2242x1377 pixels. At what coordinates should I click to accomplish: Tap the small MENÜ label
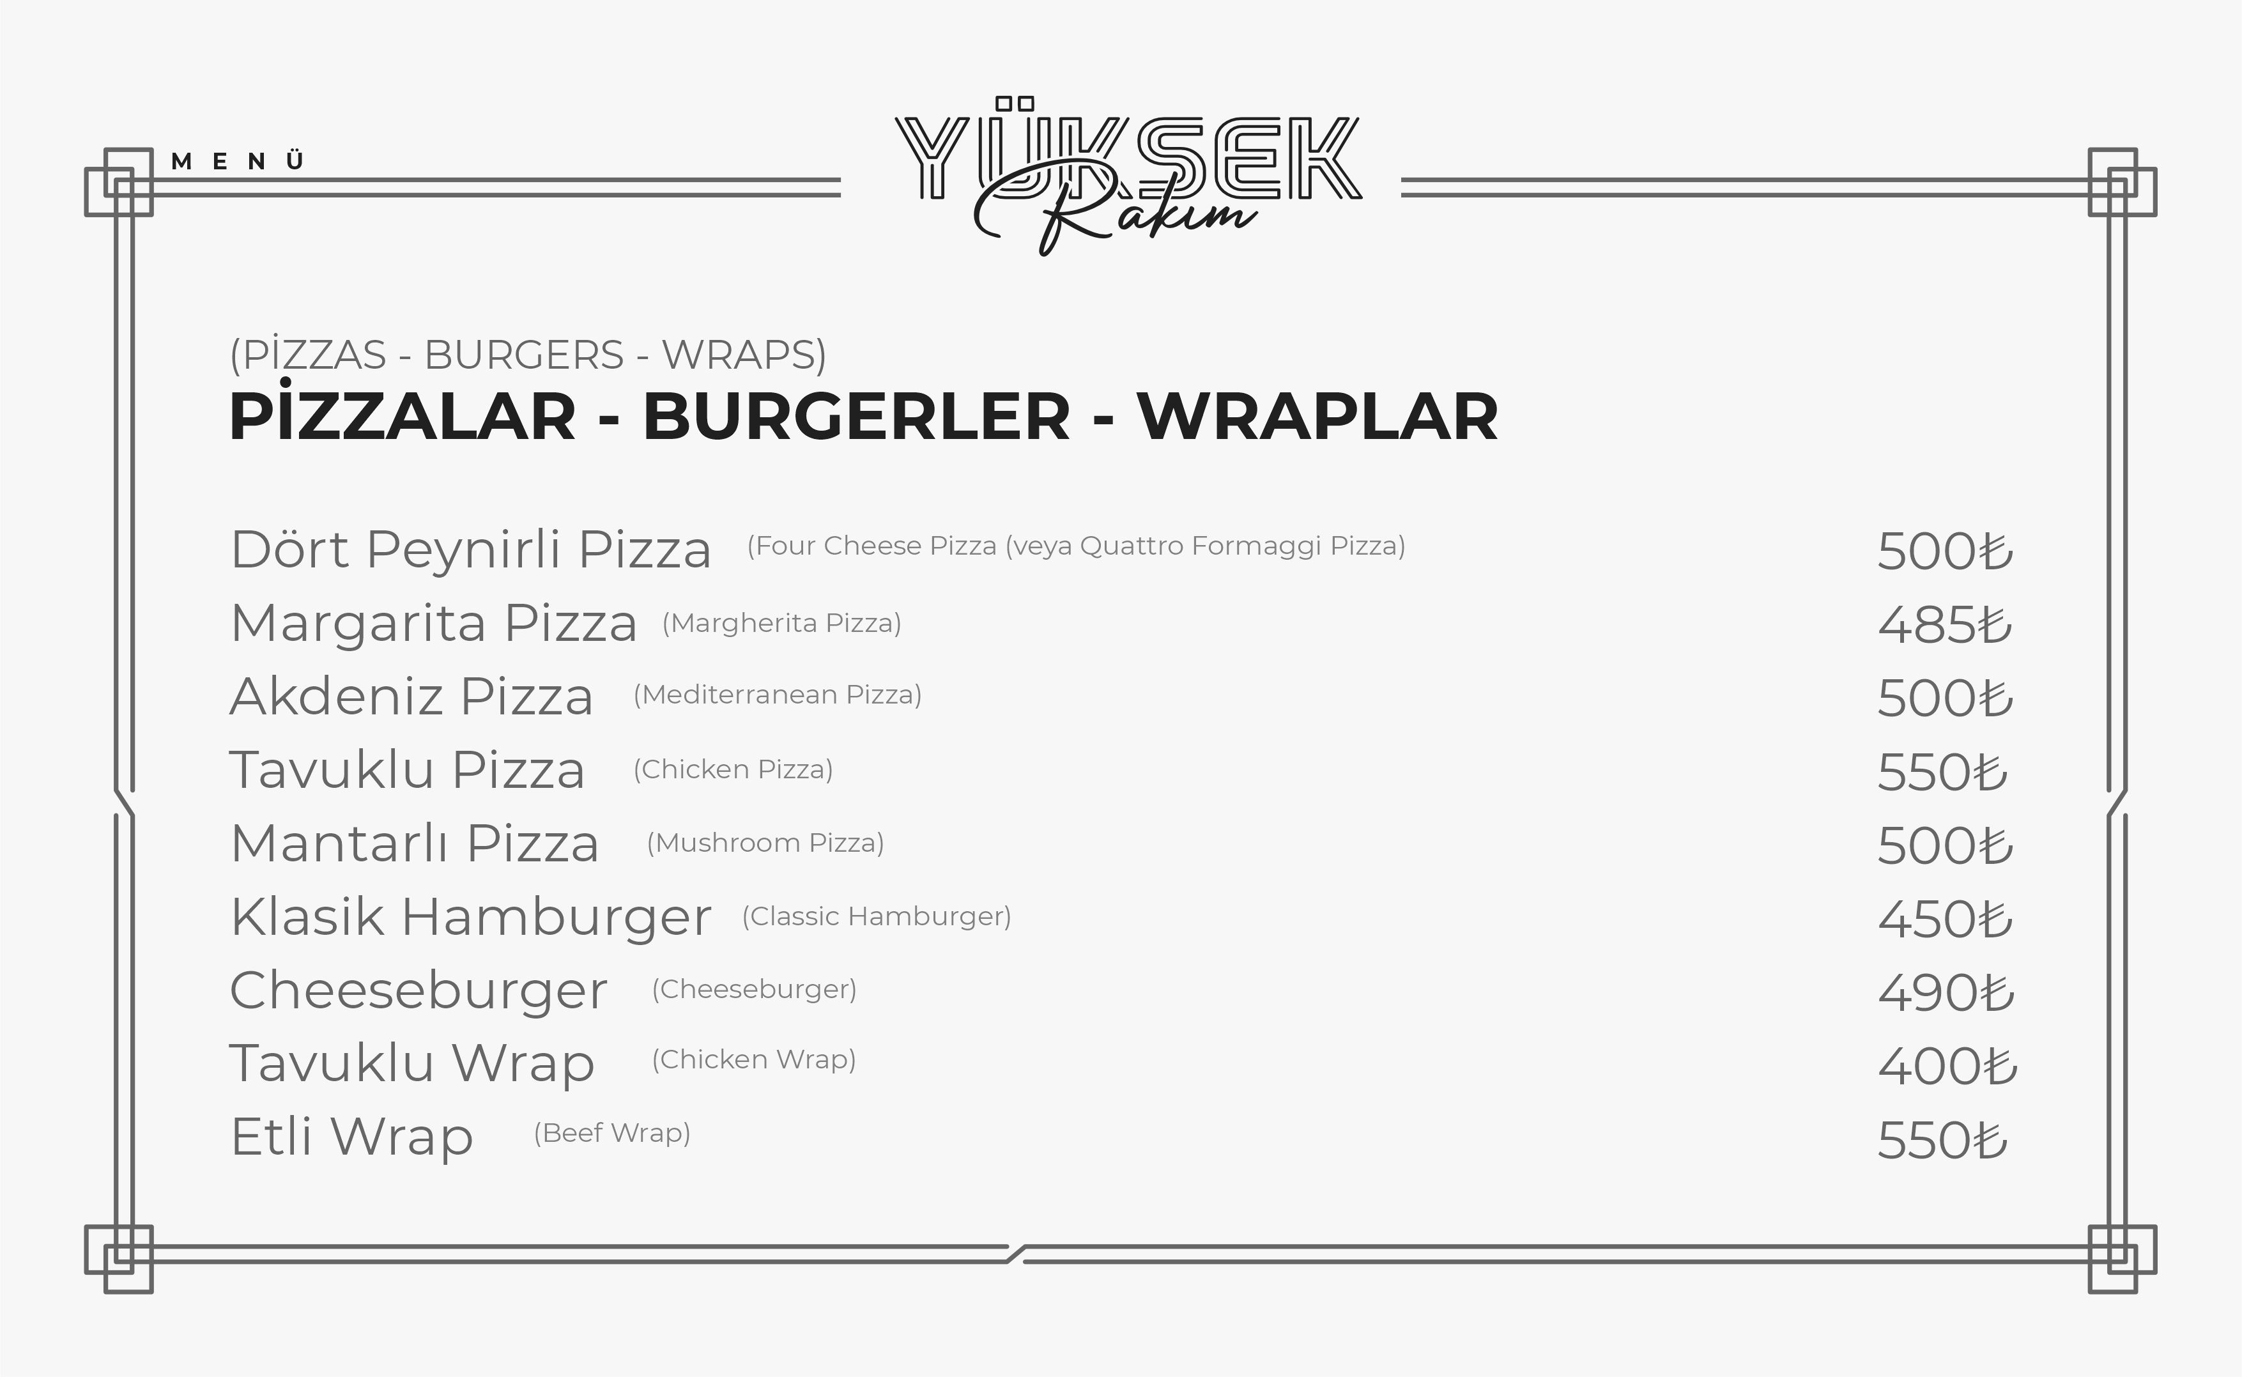pyautogui.click(x=237, y=161)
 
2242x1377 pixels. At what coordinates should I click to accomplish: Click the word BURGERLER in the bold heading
pyautogui.click(x=856, y=417)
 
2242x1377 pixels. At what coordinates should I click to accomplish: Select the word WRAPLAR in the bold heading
pyautogui.click(x=1317, y=417)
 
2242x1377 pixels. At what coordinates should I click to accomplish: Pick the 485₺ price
pyautogui.click(x=1945, y=625)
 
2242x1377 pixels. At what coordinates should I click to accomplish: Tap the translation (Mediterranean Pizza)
pyautogui.click(x=778, y=695)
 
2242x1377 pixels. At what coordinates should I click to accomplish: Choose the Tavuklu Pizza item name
pyautogui.click(x=407, y=769)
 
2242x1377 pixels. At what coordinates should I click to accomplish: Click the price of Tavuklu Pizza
pyautogui.click(x=1942, y=773)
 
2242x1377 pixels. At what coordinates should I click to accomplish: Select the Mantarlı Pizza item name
pyautogui.click(x=414, y=843)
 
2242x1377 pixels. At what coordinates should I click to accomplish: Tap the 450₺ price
pyautogui.click(x=1945, y=919)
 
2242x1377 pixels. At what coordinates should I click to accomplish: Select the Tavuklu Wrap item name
pyautogui.click(x=411, y=1064)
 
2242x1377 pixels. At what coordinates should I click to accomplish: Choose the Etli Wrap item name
pyautogui.click(x=351, y=1137)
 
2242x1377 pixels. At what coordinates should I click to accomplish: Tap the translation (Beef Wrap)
pyautogui.click(x=612, y=1133)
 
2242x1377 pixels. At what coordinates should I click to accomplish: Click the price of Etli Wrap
pyautogui.click(x=1942, y=1140)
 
